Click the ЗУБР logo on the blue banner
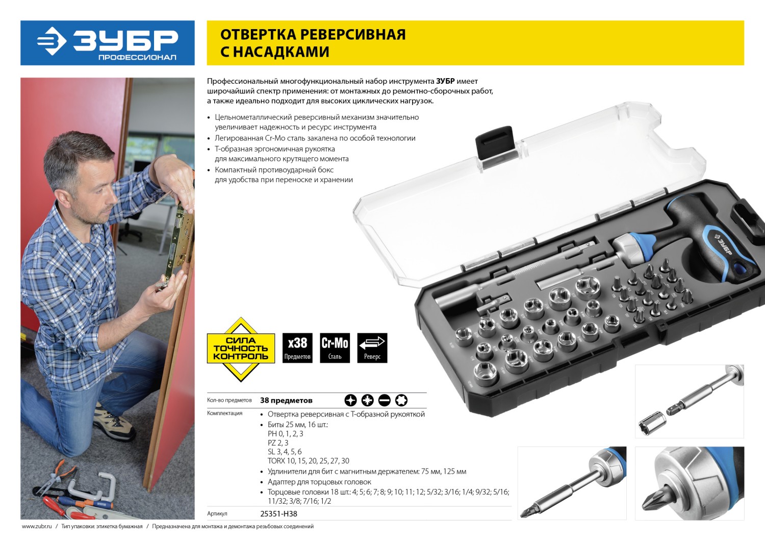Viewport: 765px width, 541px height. point(108,43)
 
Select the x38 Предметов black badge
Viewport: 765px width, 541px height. point(297,348)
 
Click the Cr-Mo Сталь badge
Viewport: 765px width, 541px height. point(335,348)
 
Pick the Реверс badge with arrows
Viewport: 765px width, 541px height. point(372,348)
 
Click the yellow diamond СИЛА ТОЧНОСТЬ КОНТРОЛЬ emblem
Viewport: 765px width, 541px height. point(241,349)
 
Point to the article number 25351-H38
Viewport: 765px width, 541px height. point(278,513)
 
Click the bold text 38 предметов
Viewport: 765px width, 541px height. point(286,400)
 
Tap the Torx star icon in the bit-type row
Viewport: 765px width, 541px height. point(401,400)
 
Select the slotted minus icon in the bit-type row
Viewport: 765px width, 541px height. point(384,400)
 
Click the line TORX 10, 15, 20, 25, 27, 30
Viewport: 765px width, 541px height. point(309,461)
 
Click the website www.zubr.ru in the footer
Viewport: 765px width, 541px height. point(37,526)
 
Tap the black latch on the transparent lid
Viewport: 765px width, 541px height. point(495,143)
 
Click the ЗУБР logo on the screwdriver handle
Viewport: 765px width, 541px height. point(722,244)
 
